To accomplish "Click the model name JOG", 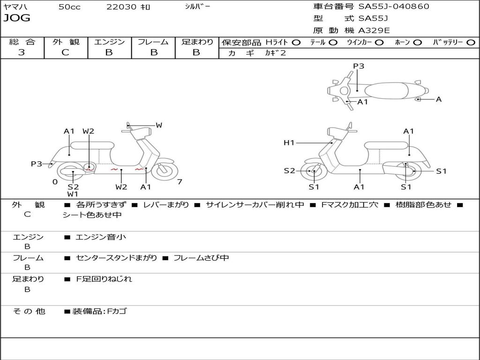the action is pos(17,18).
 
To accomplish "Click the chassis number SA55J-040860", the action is pos(394,6).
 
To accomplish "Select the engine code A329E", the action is pos(374,30).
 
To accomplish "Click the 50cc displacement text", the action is pos(69,7).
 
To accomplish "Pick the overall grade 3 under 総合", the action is pos(22,52).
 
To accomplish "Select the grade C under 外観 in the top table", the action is pos(65,52).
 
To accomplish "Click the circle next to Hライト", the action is pos(296,43).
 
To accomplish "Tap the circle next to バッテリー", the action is pos(471,43).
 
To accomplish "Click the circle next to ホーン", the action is pos(418,43).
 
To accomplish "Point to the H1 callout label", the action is pos(289,142).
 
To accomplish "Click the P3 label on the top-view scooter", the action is pos(359,66).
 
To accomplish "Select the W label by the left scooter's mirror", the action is pos(158,125).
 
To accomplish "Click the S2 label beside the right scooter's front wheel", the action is pos(289,171).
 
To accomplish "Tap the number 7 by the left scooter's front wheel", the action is pos(180,182).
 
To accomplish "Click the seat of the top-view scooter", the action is pos(386,91).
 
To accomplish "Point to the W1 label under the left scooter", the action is pos(73,194).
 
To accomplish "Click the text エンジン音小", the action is pos(100,237).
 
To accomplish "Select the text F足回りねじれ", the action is pos(104,279).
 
